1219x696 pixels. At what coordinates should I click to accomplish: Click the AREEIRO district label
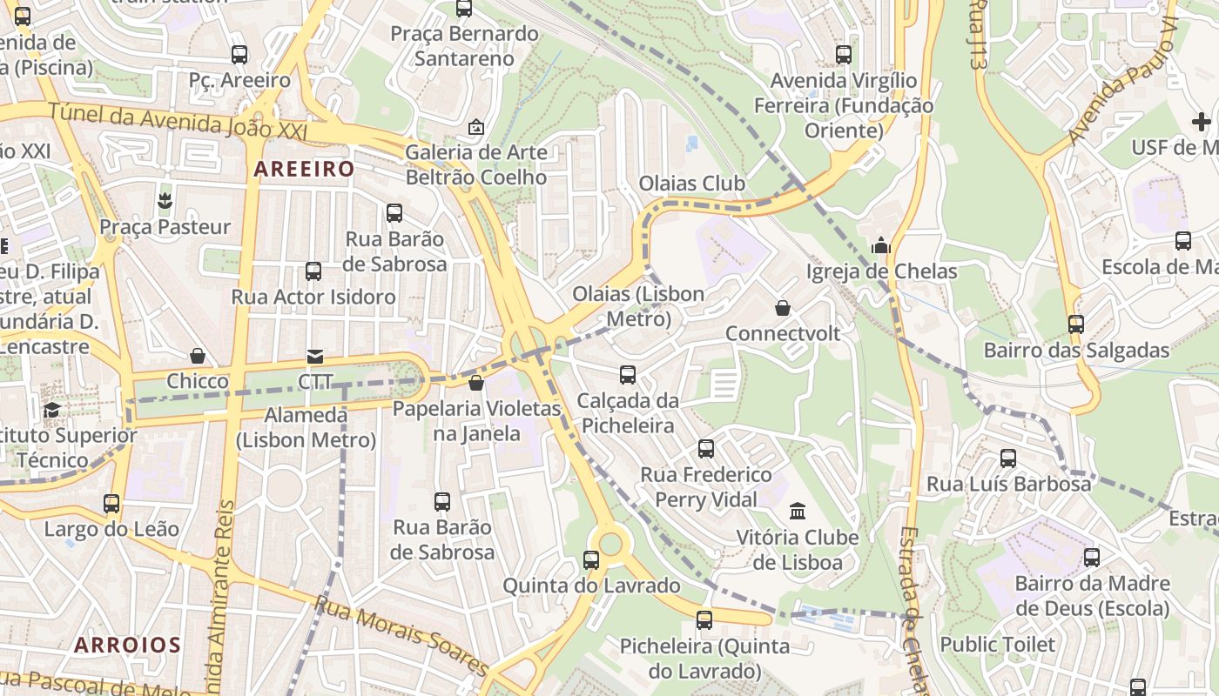click(x=304, y=169)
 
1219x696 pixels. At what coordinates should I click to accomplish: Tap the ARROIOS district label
click(x=127, y=645)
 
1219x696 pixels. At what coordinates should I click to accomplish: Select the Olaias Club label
click(x=692, y=184)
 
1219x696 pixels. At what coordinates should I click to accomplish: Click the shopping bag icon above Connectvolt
click(x=783, y=308)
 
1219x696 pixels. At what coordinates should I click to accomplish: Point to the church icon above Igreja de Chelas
click(x=881, y=245)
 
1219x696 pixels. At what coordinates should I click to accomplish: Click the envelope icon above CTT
click(x=314, y=357)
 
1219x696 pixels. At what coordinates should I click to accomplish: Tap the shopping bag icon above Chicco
click(x=198, y=356)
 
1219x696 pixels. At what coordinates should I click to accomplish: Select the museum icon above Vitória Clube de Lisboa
click(x=798, y=511)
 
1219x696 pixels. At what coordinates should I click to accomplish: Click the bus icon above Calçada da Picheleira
click(x=628, y=375)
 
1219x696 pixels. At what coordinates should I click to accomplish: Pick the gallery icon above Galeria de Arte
click(x=475, y=127)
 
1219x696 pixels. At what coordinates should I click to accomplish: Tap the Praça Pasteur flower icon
click(x=165, y=202)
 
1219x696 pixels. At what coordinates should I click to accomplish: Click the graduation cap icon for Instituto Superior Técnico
click(x=52, y=410)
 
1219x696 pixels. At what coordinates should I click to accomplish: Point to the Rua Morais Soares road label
click(x=402, y=635)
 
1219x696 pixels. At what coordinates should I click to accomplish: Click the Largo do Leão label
click(x=111, y=529)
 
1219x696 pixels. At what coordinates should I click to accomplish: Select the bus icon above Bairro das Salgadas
click(x=1076, y=325)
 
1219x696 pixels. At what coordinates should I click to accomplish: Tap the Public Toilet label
click(x=997, y=645)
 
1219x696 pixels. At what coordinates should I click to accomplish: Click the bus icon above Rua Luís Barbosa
click(x=1008, y=458)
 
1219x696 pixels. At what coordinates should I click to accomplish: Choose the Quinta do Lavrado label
click(x=591, y=586)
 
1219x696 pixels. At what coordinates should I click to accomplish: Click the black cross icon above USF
click(x=1202, y=122)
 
